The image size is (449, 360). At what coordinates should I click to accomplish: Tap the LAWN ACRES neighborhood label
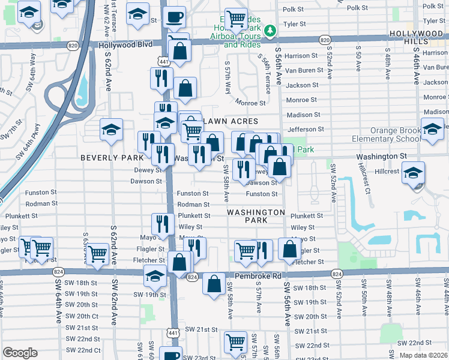point(232,122)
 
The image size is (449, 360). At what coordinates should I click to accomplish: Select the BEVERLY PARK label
point(112,157)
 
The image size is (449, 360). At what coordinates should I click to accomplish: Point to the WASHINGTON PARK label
point(256,216)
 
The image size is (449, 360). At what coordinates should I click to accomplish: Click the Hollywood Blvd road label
point(126,45)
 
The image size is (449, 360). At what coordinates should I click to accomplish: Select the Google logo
point(20,353)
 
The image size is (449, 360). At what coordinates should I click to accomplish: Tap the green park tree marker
point(271,29)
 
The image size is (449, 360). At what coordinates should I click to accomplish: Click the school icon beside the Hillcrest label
point(412,173)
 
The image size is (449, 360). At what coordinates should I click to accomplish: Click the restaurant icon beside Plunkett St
point(162,224)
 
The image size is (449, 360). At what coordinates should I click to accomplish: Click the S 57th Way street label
point(228,78)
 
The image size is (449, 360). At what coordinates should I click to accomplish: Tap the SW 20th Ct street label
point(82,316)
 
